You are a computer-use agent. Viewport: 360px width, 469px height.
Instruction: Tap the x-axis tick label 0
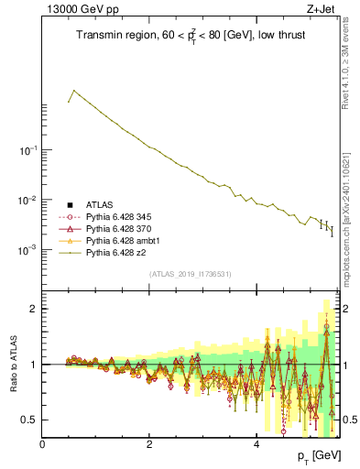42,442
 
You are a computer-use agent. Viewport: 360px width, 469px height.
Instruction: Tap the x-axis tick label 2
149,442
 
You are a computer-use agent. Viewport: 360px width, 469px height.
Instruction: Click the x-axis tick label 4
256,442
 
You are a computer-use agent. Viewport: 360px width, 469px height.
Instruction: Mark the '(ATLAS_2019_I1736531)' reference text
191,274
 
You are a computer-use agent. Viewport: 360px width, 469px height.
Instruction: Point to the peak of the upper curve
74,91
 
